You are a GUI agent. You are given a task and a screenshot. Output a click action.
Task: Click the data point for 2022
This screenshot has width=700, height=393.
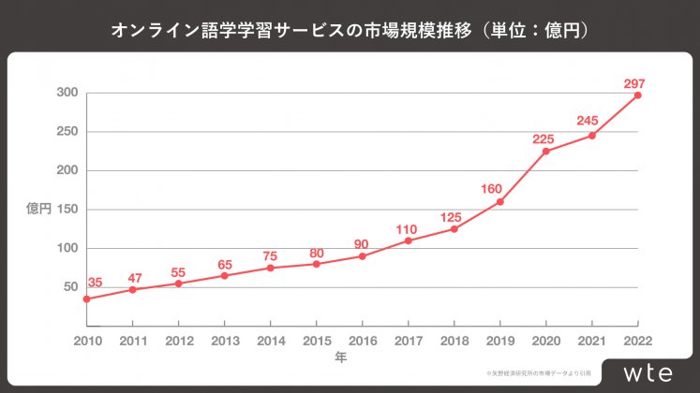tap(637, 95)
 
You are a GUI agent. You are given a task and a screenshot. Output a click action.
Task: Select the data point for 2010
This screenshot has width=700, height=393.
tap(86, 298)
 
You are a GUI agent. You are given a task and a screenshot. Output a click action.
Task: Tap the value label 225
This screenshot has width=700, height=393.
tap(544, 138)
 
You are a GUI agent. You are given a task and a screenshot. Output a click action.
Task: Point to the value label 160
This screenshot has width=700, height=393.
tap(492, 188)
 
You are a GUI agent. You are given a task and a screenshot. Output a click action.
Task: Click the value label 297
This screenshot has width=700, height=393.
tap(634, 83)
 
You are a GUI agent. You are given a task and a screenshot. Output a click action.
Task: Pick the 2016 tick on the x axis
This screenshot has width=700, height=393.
tap(362, 341)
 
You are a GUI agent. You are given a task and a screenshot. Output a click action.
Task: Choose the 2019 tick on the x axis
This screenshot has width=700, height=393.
tap(499, 341)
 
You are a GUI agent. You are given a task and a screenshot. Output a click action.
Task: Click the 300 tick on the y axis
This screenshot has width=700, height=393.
tap(66, 93)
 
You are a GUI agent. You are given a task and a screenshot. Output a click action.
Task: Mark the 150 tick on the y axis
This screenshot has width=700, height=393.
tap(66, 210)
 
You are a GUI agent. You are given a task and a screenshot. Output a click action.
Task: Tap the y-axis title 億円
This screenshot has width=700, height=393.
tap(38, 209)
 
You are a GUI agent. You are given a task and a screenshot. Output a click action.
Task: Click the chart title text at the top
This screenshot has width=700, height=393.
tap(350, 31)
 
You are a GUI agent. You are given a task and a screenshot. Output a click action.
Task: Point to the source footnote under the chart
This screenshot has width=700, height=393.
tap(538, 372)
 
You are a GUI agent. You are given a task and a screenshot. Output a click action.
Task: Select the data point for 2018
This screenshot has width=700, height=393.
tap(454, 228)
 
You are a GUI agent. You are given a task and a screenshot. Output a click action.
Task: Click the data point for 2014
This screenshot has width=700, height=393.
tap(270, 268)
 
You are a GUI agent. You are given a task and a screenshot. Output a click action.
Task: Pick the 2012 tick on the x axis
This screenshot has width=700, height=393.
tap(178, 341)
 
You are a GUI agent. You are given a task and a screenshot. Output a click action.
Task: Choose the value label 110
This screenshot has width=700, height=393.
tap(407, 229)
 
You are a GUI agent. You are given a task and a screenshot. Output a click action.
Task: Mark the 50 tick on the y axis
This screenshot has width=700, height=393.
tap(69, 287)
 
